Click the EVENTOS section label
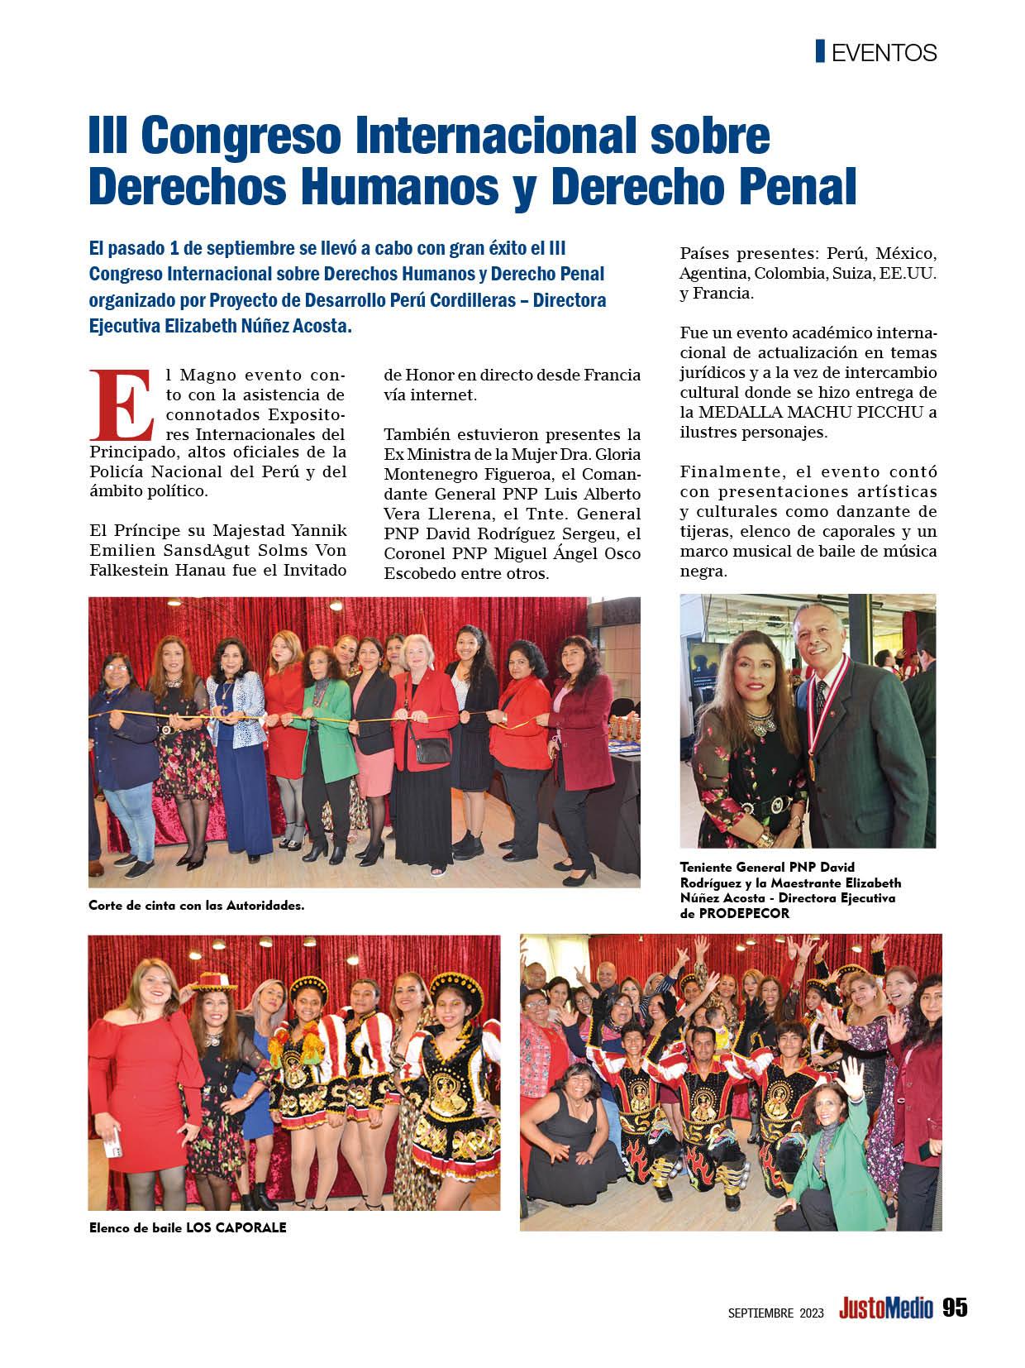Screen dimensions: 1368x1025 click(884, 53)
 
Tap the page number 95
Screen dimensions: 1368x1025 click(954, 1308)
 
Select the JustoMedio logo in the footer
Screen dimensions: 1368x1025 click(885, 1308)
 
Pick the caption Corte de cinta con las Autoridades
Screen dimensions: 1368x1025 click(197, 905)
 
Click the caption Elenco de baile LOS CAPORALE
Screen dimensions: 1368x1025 click(188, 1227)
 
